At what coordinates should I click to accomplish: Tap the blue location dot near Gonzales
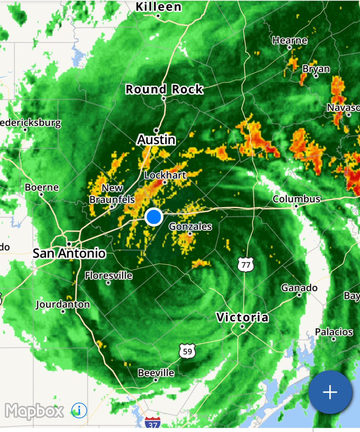tap(154, 217)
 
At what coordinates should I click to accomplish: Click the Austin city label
tap(156, 140)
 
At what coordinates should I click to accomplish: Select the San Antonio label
tap(69, 253)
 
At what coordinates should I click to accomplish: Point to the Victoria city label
tap(242, 317)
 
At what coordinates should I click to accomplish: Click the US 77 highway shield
tap(246, 264)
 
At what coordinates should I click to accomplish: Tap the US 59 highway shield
tap(187, 351)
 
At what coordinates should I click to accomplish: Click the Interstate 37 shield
tap(153, 423)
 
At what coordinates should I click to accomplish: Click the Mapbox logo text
tap(35, 411)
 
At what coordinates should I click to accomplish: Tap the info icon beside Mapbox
tap(79, 410)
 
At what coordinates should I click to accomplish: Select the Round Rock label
tap(164, 89)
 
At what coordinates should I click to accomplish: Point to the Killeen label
tap(159, 6)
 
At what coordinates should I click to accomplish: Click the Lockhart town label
tap(165, 175)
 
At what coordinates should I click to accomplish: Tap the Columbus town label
tap(296, 199)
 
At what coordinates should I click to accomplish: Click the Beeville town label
tap(156, 372)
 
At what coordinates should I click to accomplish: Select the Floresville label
tap(109, 276)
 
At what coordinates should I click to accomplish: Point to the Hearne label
tap(290, 40)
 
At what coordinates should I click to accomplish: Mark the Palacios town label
tap(334, 332)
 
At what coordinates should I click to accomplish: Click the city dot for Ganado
tap(299, 295)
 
